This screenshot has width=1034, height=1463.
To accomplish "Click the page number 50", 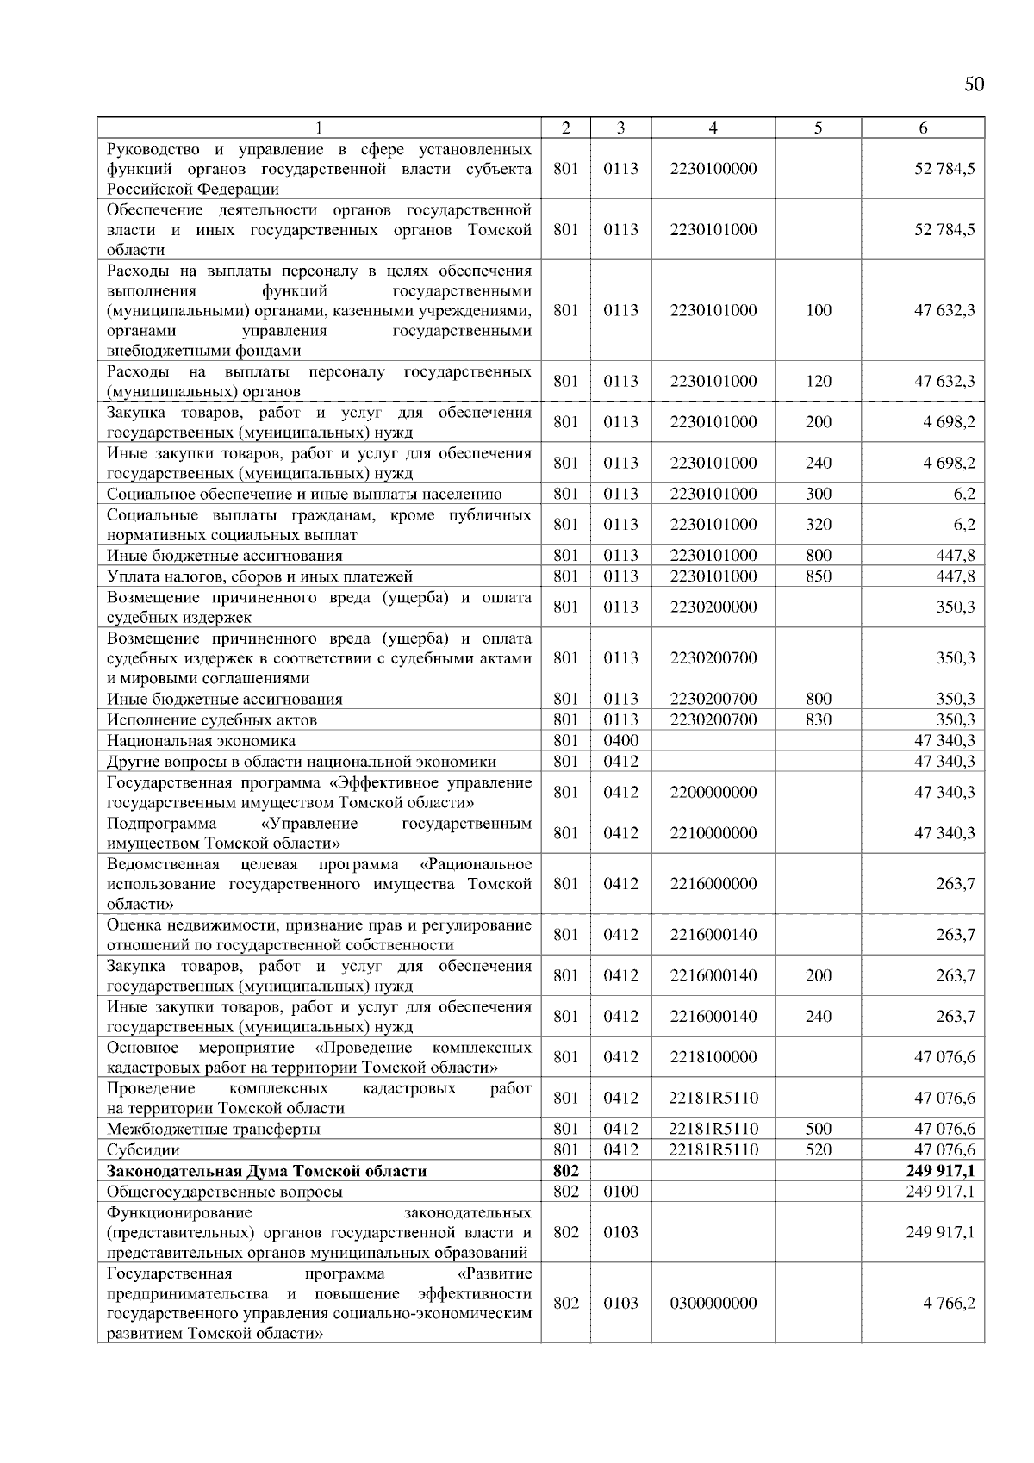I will (974, 84).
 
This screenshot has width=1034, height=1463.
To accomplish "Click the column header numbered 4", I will (713, 128).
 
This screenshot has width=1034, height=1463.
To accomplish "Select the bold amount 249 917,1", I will (940, 1171).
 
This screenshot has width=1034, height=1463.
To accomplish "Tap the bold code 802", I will (565, 1171).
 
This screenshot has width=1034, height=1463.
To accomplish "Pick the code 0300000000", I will (713, 1303).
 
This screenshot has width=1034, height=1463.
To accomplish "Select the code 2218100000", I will (713, 1057).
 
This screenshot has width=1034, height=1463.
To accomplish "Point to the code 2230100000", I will (713, 169).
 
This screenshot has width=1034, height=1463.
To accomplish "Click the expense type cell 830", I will (818, 719).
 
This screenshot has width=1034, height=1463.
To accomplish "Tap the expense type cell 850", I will (818, 576).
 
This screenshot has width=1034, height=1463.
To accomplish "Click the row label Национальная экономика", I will (201, 740).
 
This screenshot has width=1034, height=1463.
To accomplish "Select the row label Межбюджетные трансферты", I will (213, 1130).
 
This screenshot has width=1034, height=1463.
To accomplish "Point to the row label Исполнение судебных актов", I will (211, 719).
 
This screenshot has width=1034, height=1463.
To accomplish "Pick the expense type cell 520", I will (818, 1150).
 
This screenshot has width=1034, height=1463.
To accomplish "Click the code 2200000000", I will (713, 792).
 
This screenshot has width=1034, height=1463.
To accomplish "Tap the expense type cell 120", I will (818, 381).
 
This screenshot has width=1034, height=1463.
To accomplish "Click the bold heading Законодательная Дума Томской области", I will (266, 1171).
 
